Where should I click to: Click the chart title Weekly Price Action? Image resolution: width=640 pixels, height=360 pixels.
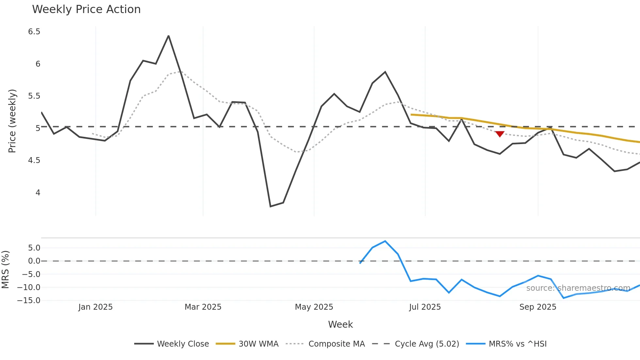(86, 9)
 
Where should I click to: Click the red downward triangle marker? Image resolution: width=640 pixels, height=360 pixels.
(500, 134)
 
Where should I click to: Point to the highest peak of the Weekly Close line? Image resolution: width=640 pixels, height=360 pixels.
(168, 36)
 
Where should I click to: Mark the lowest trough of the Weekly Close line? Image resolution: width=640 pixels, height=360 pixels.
(270, 206)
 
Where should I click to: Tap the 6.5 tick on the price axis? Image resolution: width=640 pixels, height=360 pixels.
(34, 32)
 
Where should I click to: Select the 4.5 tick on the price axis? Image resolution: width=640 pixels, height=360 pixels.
(34, 160)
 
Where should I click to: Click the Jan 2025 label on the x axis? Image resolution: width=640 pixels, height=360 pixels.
(95, 307)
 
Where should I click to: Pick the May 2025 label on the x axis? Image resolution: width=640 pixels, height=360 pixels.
(314, 307)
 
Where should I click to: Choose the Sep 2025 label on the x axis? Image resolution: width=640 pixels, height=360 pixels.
(537, 307)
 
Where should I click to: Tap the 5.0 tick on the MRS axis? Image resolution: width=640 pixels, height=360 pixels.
(34, 248)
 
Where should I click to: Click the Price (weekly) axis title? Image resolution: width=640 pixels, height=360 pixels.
(12, 121)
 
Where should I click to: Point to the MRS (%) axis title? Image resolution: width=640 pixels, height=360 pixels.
(5, 270)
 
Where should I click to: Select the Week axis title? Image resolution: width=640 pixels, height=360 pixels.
(340, 324)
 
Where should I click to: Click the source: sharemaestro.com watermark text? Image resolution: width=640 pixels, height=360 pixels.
(578, 288)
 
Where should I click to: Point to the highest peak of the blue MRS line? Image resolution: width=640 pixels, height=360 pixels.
(385, 241)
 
